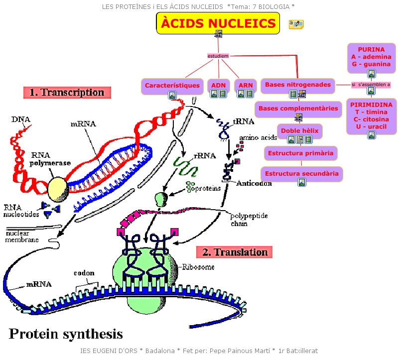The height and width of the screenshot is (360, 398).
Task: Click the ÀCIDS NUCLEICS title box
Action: [x=218, y=23]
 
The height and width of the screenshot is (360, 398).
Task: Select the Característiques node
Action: [x=172, y=86]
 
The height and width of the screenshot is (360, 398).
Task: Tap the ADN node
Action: [x=219, y=86]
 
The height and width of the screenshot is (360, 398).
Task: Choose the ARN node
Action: [x=246, y=86]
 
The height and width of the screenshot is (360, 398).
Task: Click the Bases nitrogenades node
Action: [x=297, y=85]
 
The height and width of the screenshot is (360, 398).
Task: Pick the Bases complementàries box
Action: [x=298, y=109]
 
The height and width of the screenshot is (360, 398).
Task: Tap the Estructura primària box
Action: [x=300, y=153]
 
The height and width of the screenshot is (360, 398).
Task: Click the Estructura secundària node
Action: [x=302, y=174]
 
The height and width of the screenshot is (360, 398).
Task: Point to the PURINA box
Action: [x=371, y=57]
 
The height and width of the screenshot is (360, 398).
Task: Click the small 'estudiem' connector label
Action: [x=218, y=56]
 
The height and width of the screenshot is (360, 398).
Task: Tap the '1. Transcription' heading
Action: [x=67, y=92]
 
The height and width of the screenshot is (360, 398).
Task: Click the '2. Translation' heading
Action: [x=235, y=252]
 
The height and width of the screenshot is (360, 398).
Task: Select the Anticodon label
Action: [x=254, y=183]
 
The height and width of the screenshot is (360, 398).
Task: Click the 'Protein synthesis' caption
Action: [x=65, y=333]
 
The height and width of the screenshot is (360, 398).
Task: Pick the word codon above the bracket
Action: [x=84, y=273]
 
